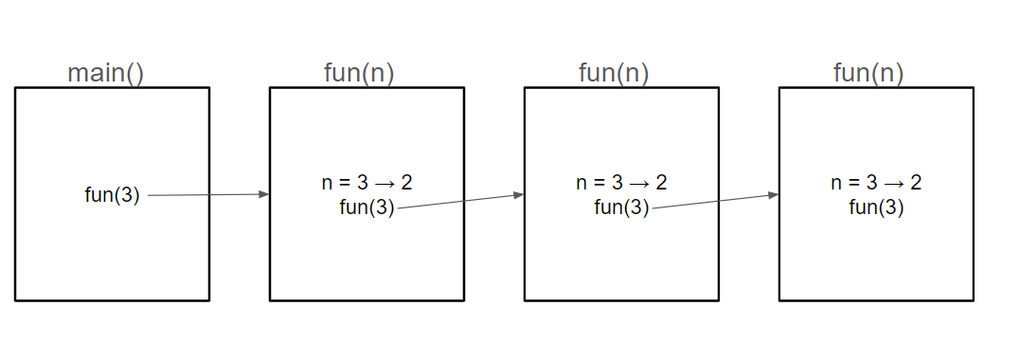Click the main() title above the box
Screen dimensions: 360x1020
tap(105, 73)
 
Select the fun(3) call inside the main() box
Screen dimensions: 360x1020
tap(112, 195)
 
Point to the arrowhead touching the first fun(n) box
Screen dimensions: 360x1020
tap(264, 194)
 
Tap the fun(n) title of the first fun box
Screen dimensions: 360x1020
tap(359, 73)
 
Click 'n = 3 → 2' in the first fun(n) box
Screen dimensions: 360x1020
tap(367, 183)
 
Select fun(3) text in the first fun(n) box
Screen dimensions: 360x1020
tap(367, 207)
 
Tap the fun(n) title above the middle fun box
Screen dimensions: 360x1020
tap(614, 73)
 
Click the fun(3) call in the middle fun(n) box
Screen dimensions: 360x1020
tap(621, 207)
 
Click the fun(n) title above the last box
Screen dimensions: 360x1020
tap(868, 73)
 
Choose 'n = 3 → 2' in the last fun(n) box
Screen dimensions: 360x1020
tap(876, 183)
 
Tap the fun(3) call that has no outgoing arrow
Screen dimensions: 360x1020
tap(876, 207)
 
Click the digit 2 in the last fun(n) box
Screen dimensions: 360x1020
tap(916, 183)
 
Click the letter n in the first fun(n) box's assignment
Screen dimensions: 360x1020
tap(327, 183)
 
